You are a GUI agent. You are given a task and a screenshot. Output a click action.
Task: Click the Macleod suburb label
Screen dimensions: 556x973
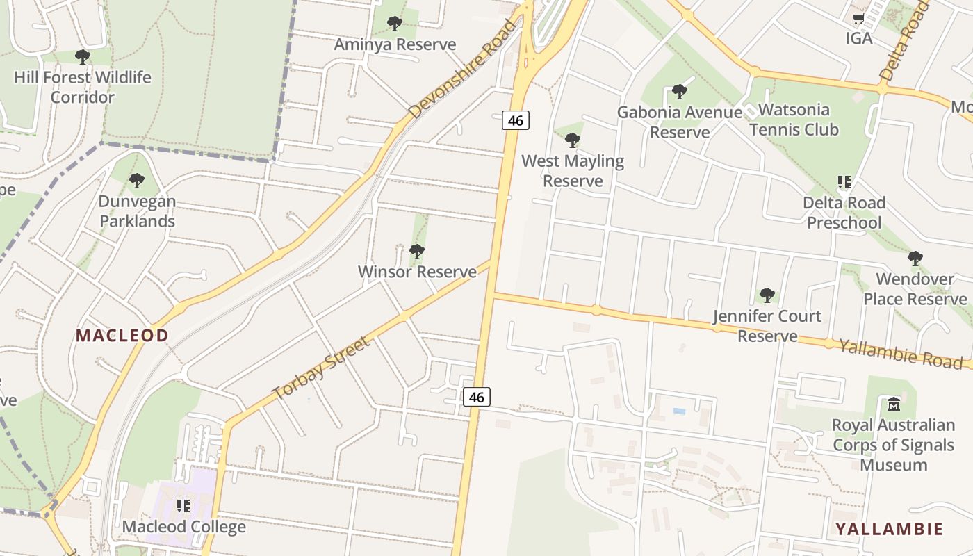click(x=122, y=336)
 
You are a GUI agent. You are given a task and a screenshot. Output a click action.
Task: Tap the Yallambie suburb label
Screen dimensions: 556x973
click(x=889, y=529)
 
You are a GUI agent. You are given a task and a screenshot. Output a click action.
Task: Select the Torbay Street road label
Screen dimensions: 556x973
click(x=322, y=368)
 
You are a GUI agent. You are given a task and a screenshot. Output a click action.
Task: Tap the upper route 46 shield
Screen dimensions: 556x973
click(x=515, y=120)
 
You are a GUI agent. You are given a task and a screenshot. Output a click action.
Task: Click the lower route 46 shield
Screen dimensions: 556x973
click(x=476, y=397)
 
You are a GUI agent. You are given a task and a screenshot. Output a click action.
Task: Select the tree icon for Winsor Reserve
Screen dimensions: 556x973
click(x=416, y=251)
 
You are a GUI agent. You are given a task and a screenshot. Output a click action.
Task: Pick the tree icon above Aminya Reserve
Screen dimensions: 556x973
click(x=395, y=24)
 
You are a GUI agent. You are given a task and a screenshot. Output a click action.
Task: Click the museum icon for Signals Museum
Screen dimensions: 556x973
click(x=894, y=404)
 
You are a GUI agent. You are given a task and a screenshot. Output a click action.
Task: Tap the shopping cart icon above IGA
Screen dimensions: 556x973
click(x=859, y=19)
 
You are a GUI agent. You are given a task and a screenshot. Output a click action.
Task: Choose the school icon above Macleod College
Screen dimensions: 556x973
click(x=183, y=506)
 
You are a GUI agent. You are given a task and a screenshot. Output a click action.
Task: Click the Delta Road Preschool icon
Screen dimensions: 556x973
click(x=844, y=182)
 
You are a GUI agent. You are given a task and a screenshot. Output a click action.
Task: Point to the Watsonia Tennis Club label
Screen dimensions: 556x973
click(x=793, y=120)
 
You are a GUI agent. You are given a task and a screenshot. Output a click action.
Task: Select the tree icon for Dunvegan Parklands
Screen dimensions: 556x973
click(x=137, y=181)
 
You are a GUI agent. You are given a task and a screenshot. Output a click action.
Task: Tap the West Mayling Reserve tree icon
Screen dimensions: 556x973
click(x=573, y=140)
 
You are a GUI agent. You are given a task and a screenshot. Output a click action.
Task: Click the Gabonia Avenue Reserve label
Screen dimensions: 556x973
click(x=680, y=122)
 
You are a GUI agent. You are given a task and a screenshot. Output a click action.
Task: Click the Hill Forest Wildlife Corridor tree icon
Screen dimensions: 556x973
click(x=83, y=57)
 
